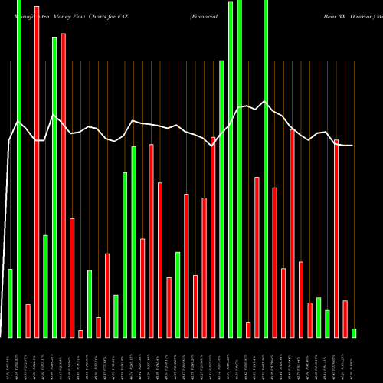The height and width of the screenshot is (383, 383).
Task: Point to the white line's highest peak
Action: click(265, 101)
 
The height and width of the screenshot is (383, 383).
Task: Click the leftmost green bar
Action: click(10, 303)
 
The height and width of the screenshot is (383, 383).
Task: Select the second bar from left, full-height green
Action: click(19, 169)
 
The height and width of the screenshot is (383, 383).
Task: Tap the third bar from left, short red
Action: click(28, 320)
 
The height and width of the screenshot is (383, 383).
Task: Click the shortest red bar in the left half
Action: click(80, 333)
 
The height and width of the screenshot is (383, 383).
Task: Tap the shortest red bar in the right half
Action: click(248, 329)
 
